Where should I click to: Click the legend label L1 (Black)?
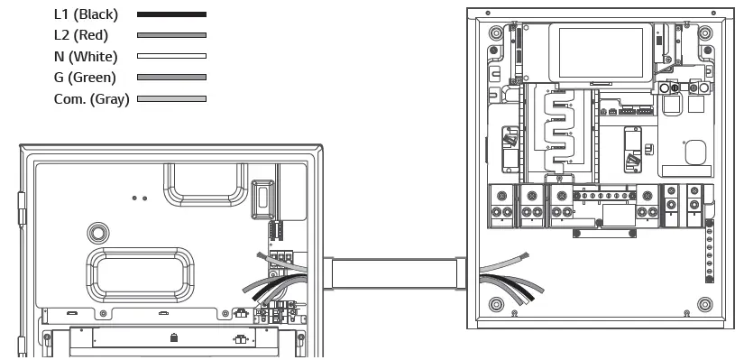(86, 14)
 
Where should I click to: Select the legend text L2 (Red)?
(81, 35)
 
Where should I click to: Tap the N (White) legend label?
(85, 56)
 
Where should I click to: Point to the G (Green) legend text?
(86, 77)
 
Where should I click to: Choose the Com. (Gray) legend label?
(91, 98)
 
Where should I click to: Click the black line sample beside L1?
(171, 14)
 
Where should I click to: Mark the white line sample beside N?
(171, 56)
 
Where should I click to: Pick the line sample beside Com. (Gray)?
(171, 98)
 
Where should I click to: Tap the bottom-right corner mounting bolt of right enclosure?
(705, 305)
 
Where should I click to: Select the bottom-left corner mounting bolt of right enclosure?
(494, 305)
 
